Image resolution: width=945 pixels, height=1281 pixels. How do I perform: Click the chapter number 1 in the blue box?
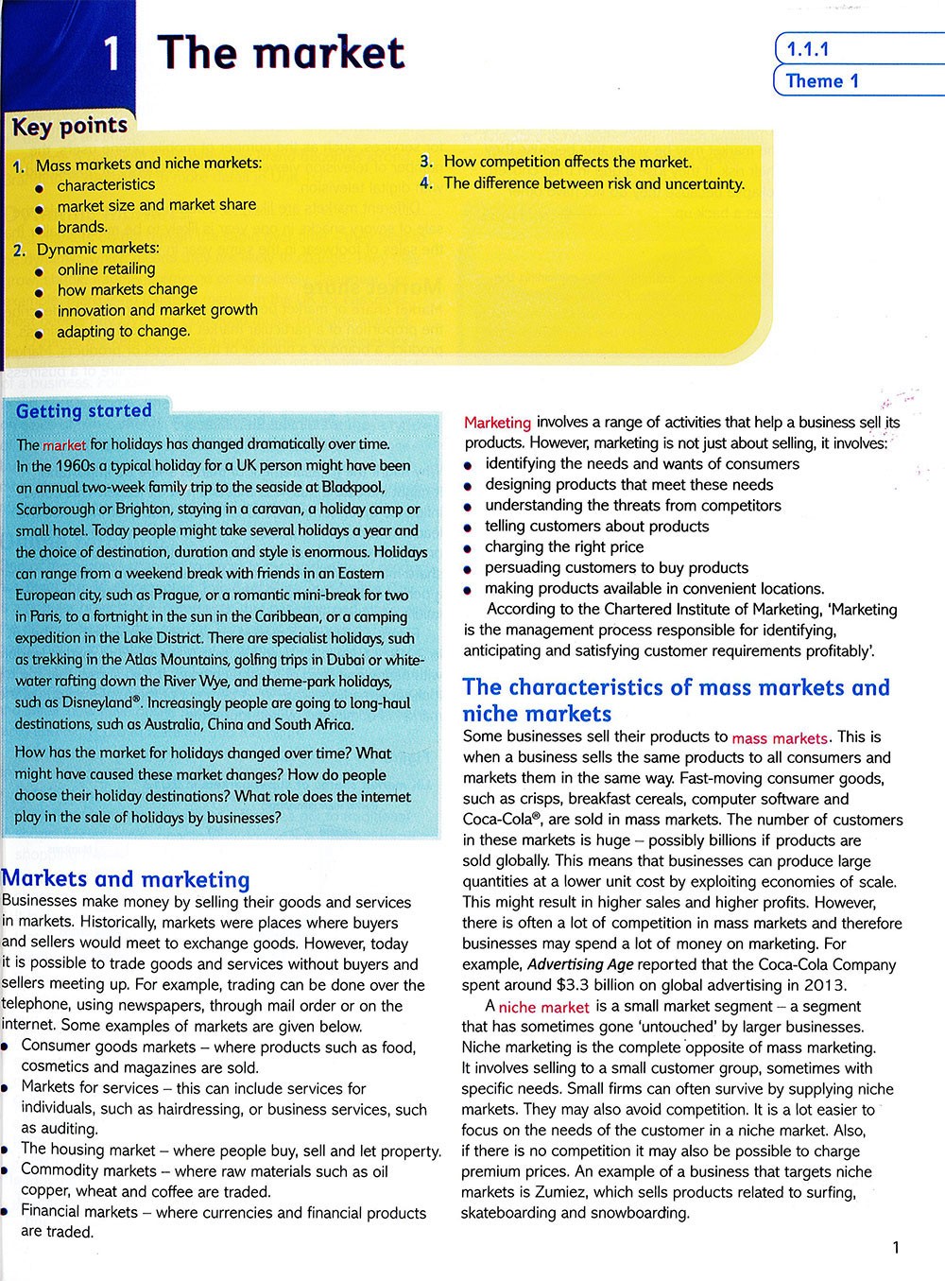[x=112, y=55]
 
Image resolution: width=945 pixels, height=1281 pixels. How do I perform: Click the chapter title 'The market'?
[x=282, y=53]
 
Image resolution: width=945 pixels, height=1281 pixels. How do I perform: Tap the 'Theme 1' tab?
[x=822, y=81]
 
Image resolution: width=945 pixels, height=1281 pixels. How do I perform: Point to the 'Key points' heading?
[x=70, y=126]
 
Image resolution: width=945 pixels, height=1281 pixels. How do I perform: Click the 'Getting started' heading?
[x=84, y=411]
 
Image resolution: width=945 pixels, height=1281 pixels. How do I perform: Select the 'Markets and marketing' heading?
[x=127, y=879]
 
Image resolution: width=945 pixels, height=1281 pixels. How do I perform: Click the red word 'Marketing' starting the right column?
[x=497, y=423]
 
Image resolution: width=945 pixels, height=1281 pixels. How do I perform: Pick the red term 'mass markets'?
[x=780, y=737]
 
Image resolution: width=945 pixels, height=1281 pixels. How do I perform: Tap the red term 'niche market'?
[x=543, y=1007]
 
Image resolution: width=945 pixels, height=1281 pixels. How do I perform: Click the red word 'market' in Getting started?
[x=64, y=444]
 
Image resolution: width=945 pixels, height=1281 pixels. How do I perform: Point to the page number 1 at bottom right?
[x=896, y=1248]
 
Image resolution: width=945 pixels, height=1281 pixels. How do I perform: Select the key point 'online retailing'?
[x=106, y=268]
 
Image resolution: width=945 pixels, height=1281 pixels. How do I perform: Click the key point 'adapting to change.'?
[x=123, y=331]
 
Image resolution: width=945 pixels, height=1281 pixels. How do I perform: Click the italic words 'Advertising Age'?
[x=580, y=964]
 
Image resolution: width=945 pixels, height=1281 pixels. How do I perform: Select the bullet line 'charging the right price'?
[x=564, y=546]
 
